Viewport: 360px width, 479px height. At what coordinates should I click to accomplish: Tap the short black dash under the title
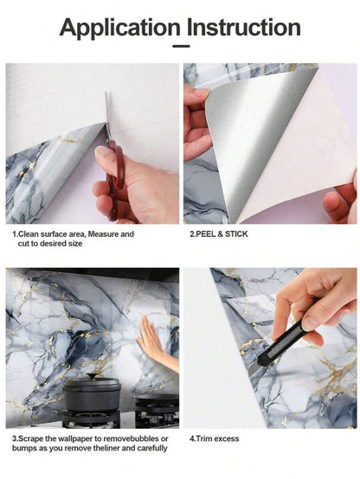pos(180,48)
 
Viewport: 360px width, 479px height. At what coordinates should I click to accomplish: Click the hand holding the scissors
pos(134,182)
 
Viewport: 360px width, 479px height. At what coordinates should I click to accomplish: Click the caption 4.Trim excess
pos(211,437)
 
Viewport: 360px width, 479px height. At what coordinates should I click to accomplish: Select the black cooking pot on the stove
pos(92,393)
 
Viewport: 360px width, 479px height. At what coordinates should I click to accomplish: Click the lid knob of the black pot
pos(91,375)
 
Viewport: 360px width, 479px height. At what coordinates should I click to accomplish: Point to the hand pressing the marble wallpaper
pos(153,337)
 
